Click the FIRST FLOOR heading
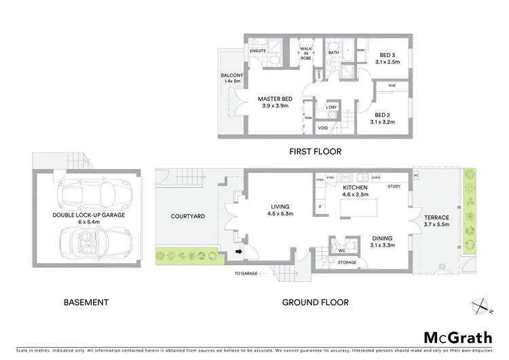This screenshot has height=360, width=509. pyautogui.click(x=314, y=151)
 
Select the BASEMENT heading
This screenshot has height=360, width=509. pyautogui.click(x=86, y=302)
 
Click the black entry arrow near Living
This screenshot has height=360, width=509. pyautogui.click(x=238, y=253)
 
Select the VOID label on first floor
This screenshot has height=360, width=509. pyautogui.click(x=324, y=128)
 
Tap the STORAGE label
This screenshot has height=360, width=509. pyautogui.click(x=347, y=262)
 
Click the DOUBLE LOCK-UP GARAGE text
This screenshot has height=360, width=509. pyautogui.click(x=89, y=218)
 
